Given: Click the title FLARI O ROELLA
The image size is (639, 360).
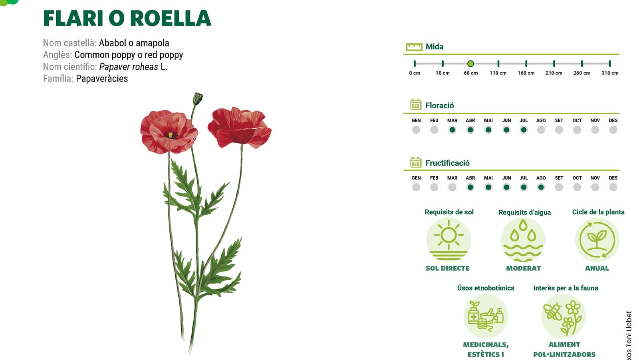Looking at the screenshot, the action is click(127, 18).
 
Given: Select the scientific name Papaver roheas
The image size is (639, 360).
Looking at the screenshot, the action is click(128, 67).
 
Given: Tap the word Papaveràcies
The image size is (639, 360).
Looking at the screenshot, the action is click(102, 78).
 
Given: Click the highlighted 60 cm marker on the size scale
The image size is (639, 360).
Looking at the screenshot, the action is click(470, 64).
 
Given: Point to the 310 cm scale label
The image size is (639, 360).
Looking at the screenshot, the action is click(609, 73).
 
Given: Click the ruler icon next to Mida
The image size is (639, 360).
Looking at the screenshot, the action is click(414, 47).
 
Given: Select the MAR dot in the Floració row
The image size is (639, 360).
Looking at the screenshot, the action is click(452, 130).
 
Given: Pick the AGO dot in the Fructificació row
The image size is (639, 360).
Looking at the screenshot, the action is click(541, 187).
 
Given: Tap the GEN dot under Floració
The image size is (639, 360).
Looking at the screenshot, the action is click(416, 130).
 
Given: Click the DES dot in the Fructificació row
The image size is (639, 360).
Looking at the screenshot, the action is click(613, 187).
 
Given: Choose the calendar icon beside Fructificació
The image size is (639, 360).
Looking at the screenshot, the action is click(416, 163).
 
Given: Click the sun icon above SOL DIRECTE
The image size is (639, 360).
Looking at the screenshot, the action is click(448, 240).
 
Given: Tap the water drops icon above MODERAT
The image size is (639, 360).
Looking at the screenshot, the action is click(523, 240).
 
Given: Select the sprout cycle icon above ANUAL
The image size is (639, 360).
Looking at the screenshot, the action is click(597, 240).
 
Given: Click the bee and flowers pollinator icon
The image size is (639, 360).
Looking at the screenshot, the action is click(563, 316).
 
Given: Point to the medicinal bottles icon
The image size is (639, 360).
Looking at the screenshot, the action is click(486, 316).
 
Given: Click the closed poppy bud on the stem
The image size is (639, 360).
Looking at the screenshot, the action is click(197, 99).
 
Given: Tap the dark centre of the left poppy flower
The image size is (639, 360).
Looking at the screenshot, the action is click(171, 134).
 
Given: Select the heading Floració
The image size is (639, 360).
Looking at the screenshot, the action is click(439, 105).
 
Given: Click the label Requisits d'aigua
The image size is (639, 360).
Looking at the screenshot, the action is click(524, 213).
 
